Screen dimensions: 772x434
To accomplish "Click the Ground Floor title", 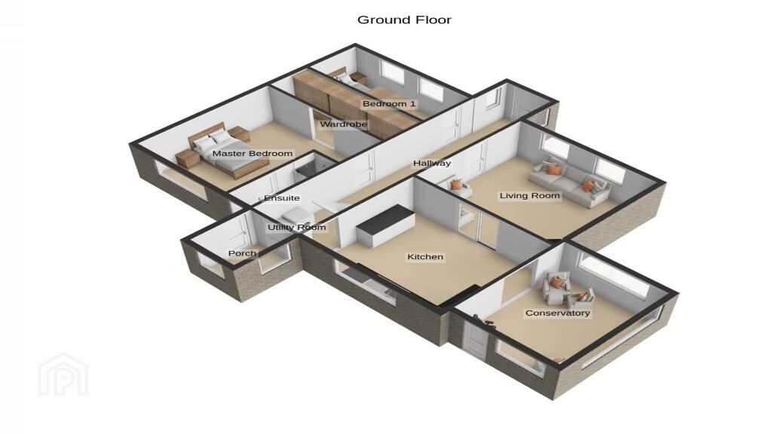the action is (x=404, y=20).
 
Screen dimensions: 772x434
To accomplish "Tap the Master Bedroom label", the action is (x=253, y=154).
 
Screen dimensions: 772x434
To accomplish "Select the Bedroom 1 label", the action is (x=389, y=104).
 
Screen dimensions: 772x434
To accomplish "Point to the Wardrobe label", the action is (x=344, y=124).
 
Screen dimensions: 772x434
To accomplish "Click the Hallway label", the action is (x=432, y=164).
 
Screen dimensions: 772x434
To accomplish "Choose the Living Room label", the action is (x=530, y=196).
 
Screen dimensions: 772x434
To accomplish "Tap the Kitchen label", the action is (x=425, y=257).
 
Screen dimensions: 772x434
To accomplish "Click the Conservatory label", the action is (x=557, y=313).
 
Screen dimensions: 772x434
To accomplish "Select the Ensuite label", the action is (x=282, y=198).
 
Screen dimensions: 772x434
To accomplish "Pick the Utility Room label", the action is (x=297, y=228).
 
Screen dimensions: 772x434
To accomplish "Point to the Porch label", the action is (x=242, y=253).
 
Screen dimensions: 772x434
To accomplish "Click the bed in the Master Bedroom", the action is (x=221, y=150).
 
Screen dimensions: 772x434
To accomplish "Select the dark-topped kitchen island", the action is (x=386, y=225).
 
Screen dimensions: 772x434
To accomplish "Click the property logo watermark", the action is (x=63, y=374).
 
